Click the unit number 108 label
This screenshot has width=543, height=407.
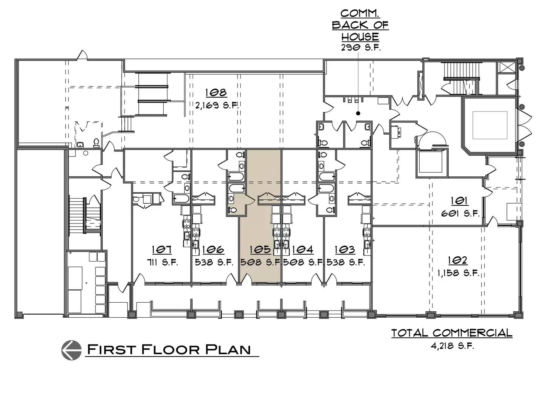click(x=216, y=93)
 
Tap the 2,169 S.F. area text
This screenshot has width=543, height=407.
click(x=217, y=106)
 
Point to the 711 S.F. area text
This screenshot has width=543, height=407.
click(x=162, y=262)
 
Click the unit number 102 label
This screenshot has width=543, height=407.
click(x=458, y=260)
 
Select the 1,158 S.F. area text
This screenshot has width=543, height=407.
click(x=458, y=273)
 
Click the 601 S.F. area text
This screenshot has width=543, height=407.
click(x=460, y=214)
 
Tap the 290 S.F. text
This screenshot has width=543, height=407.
click(x=360, y=48)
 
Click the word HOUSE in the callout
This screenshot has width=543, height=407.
click(x=360, y=37)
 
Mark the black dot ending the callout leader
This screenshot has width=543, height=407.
click(x=358, y=113)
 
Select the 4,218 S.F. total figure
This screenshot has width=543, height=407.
click(x=452, y=346)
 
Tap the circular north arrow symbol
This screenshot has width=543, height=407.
click(x=72, y=350)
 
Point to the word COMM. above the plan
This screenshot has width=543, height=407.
click(x=360, y=14)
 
